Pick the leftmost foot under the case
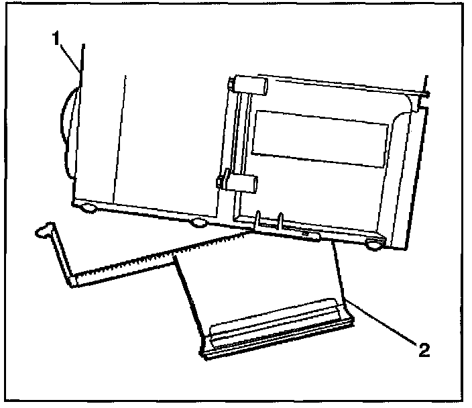click(x=88, y=208)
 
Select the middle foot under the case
click(x=198, y=222)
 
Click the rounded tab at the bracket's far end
click(x=44, y=232)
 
